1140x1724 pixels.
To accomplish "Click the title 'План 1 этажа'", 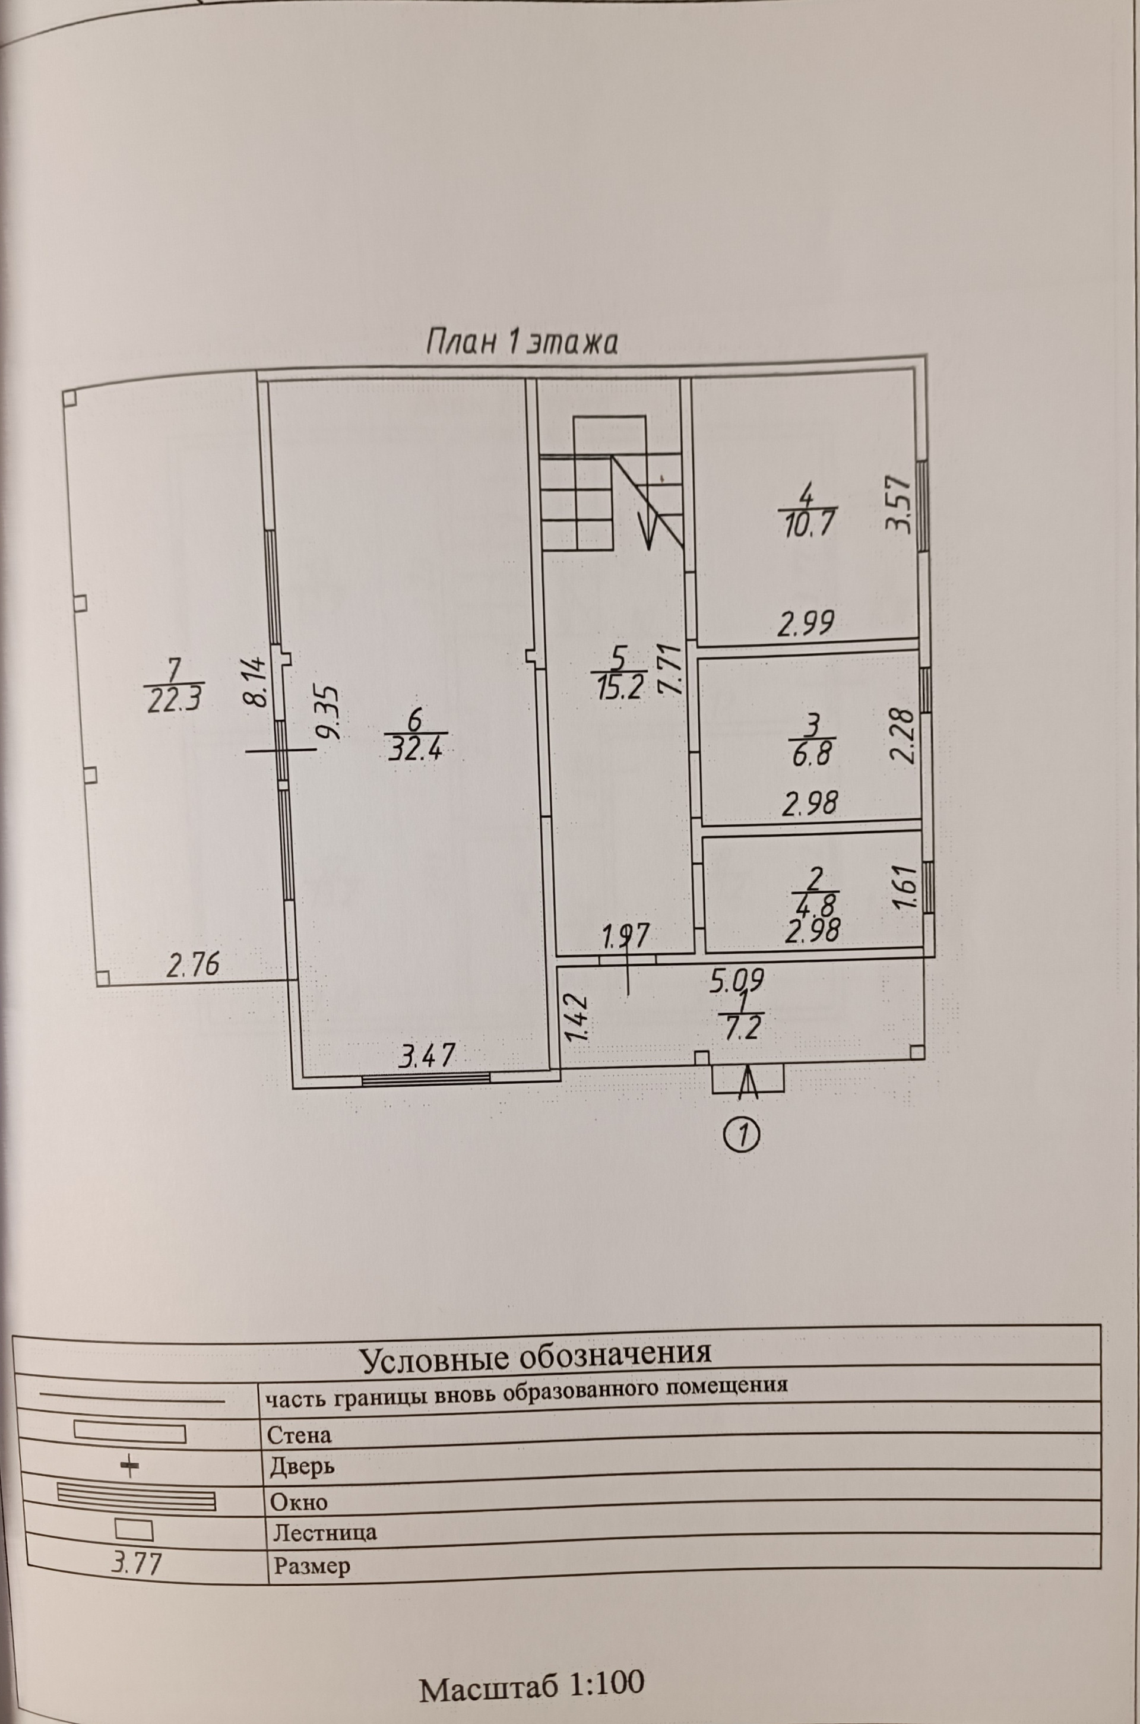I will tap(521, 341).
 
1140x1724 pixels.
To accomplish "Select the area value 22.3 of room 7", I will tap(173, 700).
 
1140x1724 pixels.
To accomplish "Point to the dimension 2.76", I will tap(192, 966).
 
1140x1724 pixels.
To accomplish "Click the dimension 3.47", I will tap(427, 1055).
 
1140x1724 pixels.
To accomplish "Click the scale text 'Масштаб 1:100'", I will tap(532, 1663).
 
